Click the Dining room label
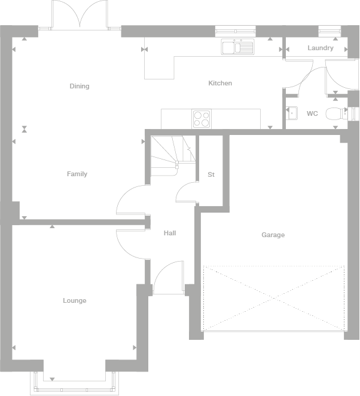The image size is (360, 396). (x=79, y=86)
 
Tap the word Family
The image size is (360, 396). (x=77, y=174)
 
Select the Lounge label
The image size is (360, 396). (x=75, y=300)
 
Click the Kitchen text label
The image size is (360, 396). (x=219, y=83)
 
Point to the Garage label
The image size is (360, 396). (x=273, y=235)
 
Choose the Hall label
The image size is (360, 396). (x=170, y=233)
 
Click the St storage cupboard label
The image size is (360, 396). (x=210, y=174)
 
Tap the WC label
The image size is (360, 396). (x=312, y=113)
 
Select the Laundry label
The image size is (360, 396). (x=321, y=48)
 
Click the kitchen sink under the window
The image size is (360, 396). (x=237, y=47)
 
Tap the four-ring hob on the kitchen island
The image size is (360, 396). (x=202, y=118)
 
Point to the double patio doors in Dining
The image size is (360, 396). (x=80, y=15)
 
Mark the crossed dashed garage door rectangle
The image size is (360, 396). (x=274, y=297)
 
